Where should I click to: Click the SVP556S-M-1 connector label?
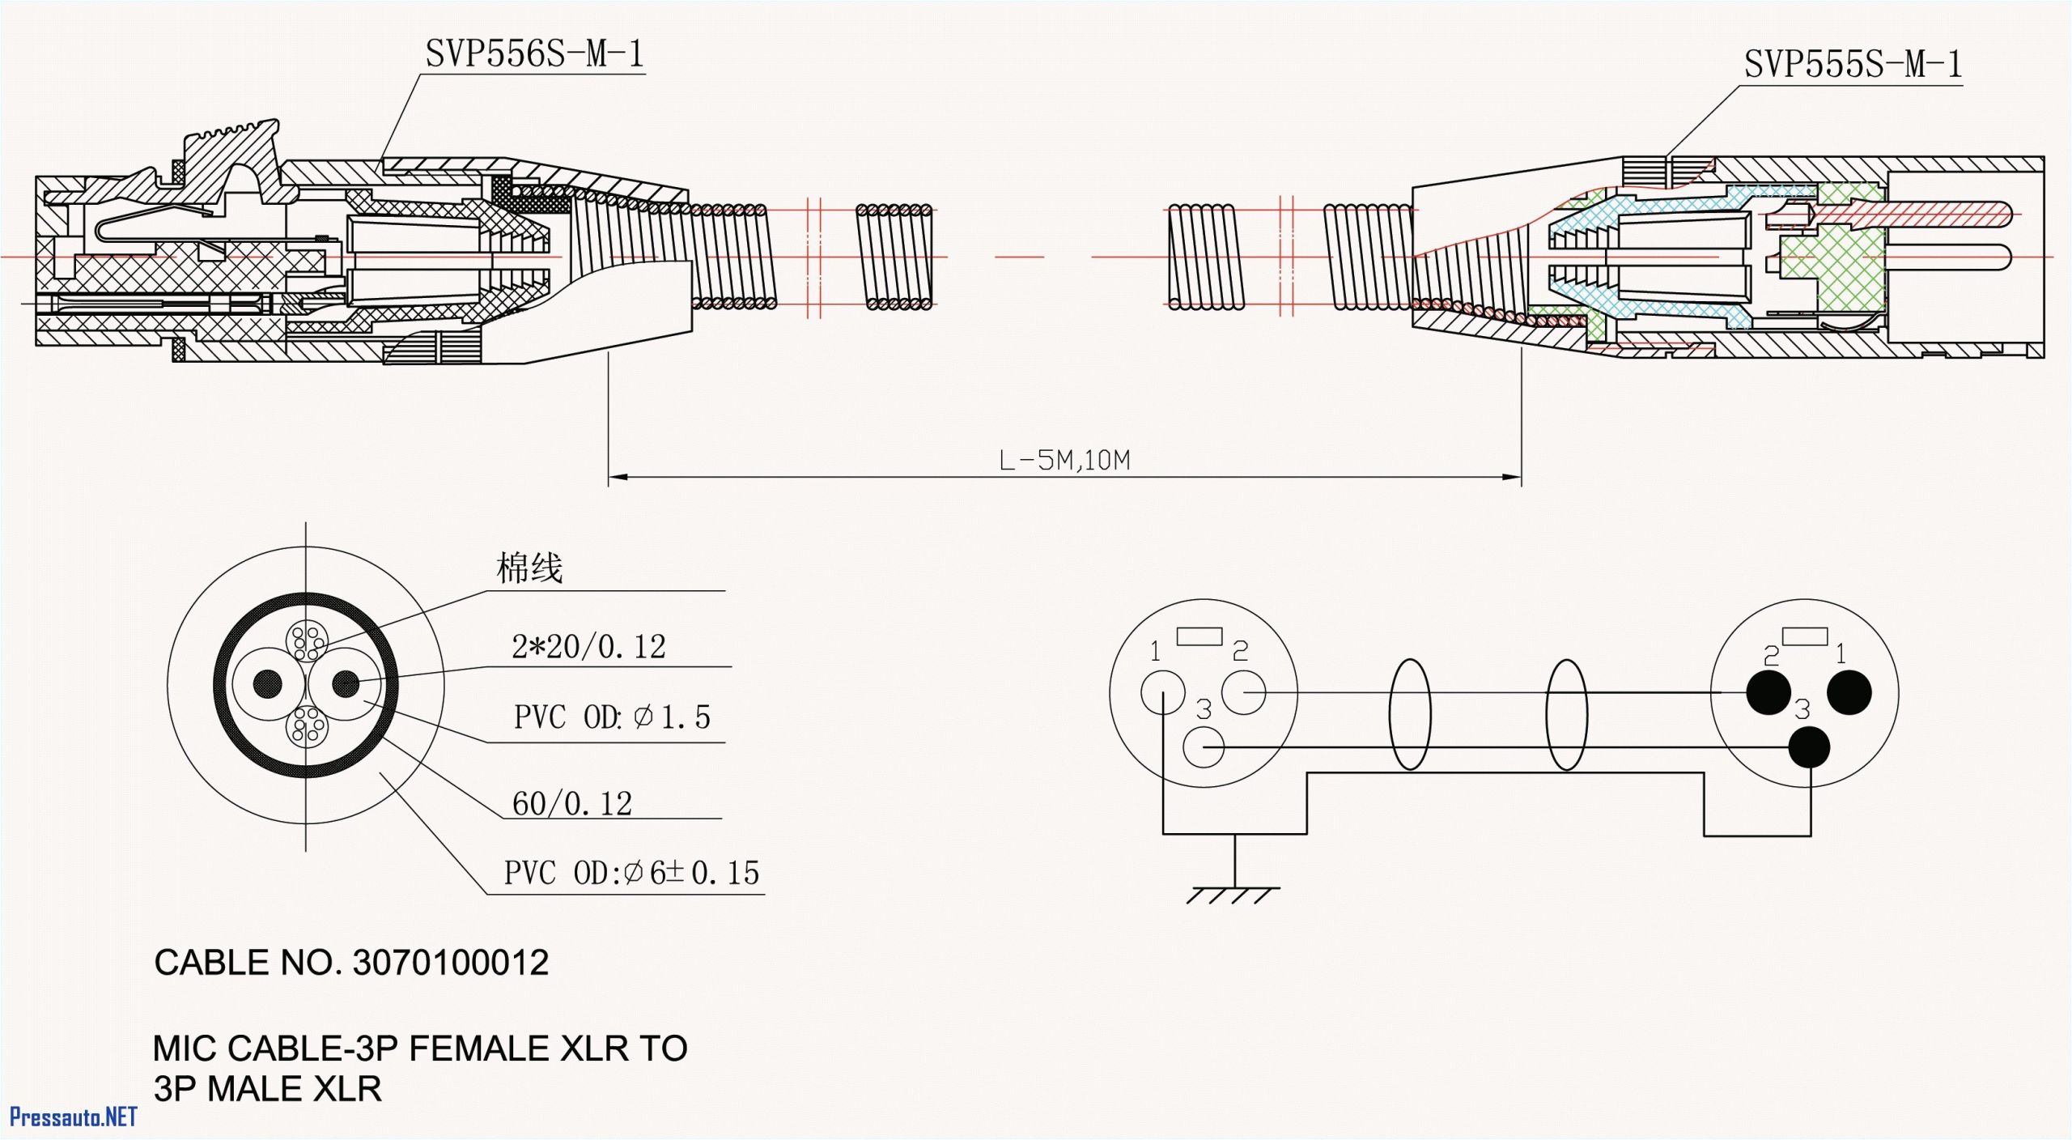click(x=534, y=54)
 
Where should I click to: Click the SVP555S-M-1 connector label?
click(x=1853, y=65)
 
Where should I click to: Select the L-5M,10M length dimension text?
click(x=1064, y=461)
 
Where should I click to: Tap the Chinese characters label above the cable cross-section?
click(x=529, y=568)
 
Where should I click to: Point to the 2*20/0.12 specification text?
click(x=588, y=647)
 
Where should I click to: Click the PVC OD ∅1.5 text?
click(x=612, y=717)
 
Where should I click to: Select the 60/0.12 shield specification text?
click(x=571, y=804)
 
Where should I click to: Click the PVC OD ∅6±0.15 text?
click(x=631, y=874)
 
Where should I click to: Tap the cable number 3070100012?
click(x=451, y=963)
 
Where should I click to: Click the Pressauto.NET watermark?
click(x=73, y=1118)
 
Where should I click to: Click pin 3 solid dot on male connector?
click(x=1808, y=747)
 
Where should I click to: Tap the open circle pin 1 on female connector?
click(x=1162, y=693)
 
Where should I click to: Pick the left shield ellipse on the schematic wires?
click(x=1409, y=714)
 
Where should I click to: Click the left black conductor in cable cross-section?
click(x=268, y=684)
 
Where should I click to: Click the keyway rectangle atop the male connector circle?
click(x=1804, y=636)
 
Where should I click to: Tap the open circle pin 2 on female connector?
click(x=1242, y=693)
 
